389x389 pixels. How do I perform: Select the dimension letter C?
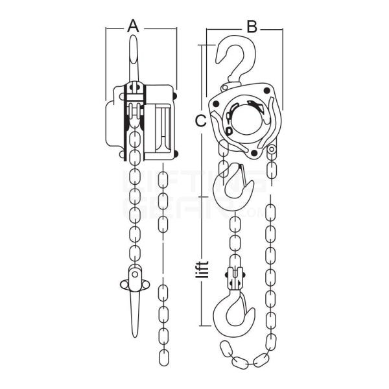click(201, 121)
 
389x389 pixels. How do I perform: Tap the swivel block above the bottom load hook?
click(235, 277)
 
